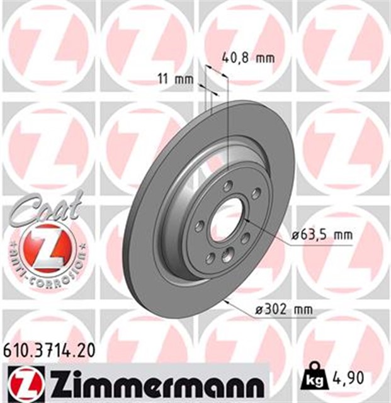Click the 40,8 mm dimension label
pyautogui.click(x=249, y=59)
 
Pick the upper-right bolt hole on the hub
pyautogui.click(x=255, y=193)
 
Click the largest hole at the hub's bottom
pyautogui.click(x=227, y=254)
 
